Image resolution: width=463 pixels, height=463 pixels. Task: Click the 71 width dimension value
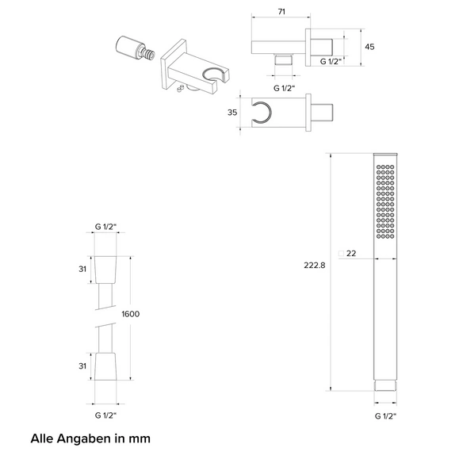pos(281,12)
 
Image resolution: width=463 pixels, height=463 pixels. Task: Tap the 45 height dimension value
pos(369,47)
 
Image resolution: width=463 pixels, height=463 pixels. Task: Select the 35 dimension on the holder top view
pos(232,113)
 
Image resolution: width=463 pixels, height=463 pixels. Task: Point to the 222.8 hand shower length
pos(315,266)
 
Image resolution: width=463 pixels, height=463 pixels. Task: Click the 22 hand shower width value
pos(351,254)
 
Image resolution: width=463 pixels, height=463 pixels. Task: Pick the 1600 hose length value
pos(131,314)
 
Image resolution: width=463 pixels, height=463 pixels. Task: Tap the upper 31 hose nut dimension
pos(82,269)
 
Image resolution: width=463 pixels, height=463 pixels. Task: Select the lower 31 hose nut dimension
pos(82,366)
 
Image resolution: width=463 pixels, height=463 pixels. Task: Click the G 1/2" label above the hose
pos(105,227)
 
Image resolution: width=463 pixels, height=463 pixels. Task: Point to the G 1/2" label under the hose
pos(105,415)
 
